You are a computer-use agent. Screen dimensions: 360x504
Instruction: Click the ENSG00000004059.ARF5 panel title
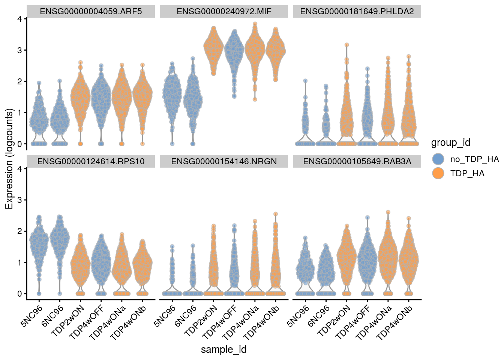91,11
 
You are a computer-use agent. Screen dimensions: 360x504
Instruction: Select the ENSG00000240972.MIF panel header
224,11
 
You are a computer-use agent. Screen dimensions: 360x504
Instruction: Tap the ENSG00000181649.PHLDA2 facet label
357,11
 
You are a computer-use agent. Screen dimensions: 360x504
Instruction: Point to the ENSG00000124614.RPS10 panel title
91,161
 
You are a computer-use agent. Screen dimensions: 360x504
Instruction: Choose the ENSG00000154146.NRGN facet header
224,161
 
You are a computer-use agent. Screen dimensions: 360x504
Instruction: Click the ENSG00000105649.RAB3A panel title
357,161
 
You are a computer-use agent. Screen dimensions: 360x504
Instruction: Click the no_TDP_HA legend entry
474,159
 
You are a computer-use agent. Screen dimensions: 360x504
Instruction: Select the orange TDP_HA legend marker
438,173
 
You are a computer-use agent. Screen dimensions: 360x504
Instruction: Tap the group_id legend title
450,142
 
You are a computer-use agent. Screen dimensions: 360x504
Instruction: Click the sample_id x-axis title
224,349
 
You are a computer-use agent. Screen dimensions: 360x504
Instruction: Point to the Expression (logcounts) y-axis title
9,159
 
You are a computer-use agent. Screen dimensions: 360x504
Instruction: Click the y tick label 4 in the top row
19,19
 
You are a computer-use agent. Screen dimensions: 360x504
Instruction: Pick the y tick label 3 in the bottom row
19,200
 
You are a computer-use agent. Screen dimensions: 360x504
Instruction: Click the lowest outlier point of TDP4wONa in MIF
255,99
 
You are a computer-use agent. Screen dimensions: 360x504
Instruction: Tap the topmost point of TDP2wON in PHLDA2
347,45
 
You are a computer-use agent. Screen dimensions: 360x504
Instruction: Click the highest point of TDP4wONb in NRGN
276,214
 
